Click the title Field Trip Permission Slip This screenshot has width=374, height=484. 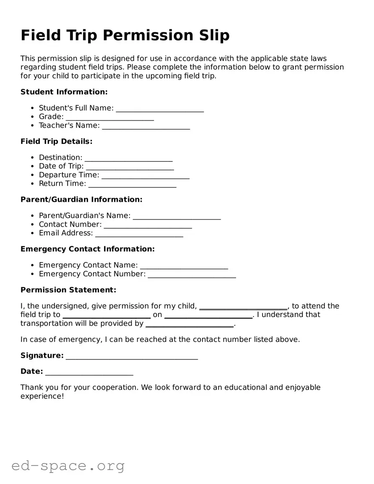[x=125, y=35]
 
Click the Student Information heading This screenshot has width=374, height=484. [x=64, y=92]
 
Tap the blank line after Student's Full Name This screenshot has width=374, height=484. [x=160, y=109]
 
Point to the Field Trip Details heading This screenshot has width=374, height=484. [x=56, y=141]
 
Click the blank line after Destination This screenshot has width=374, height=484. [x=128, y=159]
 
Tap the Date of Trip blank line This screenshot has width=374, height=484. [x=130, y=167]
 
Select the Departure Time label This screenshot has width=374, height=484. [x=69, y=175]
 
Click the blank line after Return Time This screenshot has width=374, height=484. [x=132, y=185]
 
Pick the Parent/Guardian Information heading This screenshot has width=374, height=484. [x=81, y=199]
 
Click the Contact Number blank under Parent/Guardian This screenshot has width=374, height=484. [x=148, y=225]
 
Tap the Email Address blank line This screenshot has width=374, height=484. [x=139, y=234]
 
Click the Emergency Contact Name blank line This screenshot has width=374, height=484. [x=184, y=266]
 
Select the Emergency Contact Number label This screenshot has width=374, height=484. [x=92, y=274]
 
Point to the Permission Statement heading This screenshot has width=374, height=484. [x=68, y=290]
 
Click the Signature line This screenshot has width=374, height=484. [x=132, y=357]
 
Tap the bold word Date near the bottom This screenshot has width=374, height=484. [x=31, y=371]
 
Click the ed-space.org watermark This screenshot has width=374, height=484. [x=68, y=466]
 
